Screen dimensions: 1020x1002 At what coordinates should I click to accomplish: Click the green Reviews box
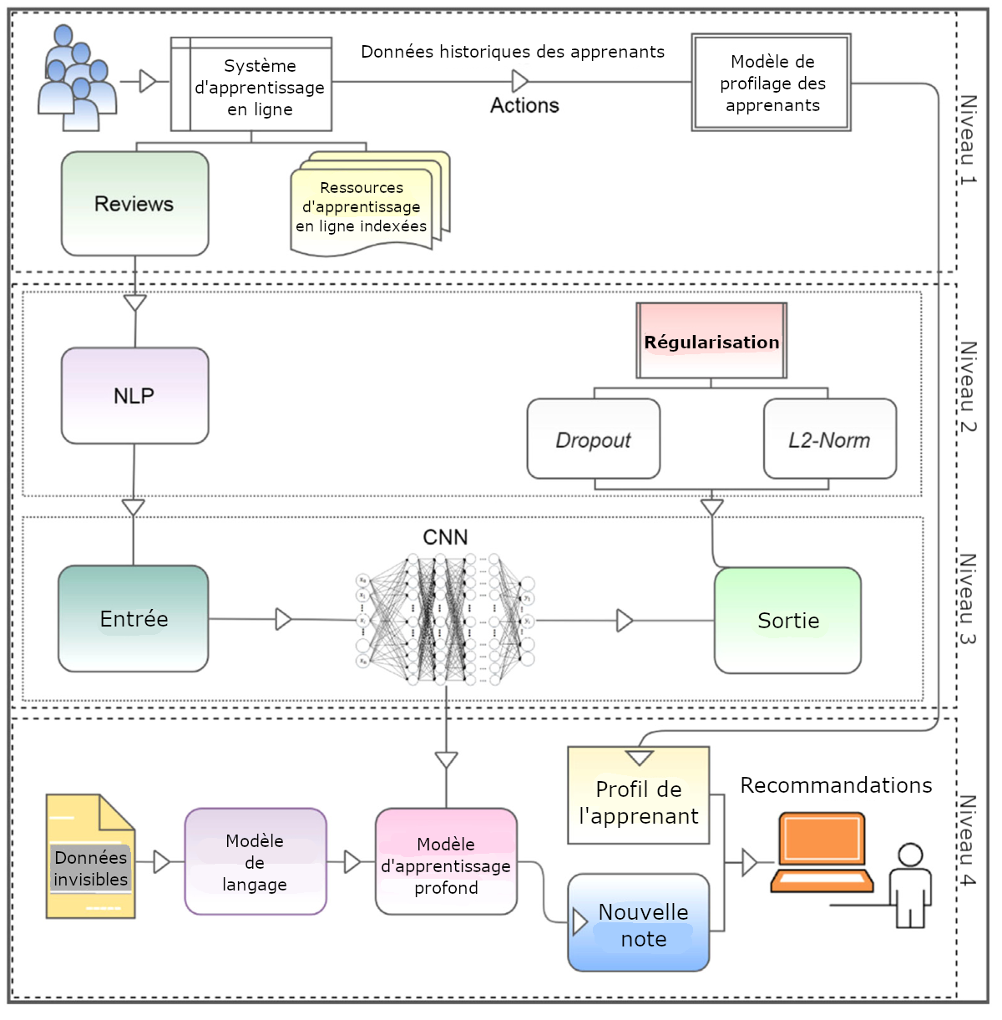[x=134, y=204]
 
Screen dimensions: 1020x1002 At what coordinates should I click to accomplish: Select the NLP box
[x=134, y=396]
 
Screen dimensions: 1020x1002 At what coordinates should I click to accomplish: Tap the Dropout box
[x=594, y=439]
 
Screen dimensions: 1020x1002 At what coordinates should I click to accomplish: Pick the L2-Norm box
[x=830, y=439]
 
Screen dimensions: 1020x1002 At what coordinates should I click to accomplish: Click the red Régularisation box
[x=711, y=341]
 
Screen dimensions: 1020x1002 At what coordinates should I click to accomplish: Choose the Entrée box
[x=134, y=619]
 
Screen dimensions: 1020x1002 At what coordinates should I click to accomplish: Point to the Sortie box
[x=788, y=621]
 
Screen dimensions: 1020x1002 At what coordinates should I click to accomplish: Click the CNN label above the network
[x=445, y=537]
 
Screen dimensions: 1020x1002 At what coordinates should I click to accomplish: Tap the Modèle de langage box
[x=255, y=862]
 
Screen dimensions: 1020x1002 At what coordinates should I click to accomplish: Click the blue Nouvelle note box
[x=639, y=923]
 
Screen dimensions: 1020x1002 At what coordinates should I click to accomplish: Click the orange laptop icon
[x=822, y=852]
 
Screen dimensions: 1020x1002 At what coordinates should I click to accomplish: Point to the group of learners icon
[x=77, y=79]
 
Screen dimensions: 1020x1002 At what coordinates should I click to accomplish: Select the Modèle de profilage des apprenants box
[x=772, y=83]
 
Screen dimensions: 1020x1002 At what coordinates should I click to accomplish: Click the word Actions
[x=524, y=106]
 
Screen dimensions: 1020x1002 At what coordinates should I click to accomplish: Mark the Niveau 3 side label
[x=967, y=599]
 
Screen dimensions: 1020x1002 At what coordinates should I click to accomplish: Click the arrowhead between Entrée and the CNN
[x=283, y=619]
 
